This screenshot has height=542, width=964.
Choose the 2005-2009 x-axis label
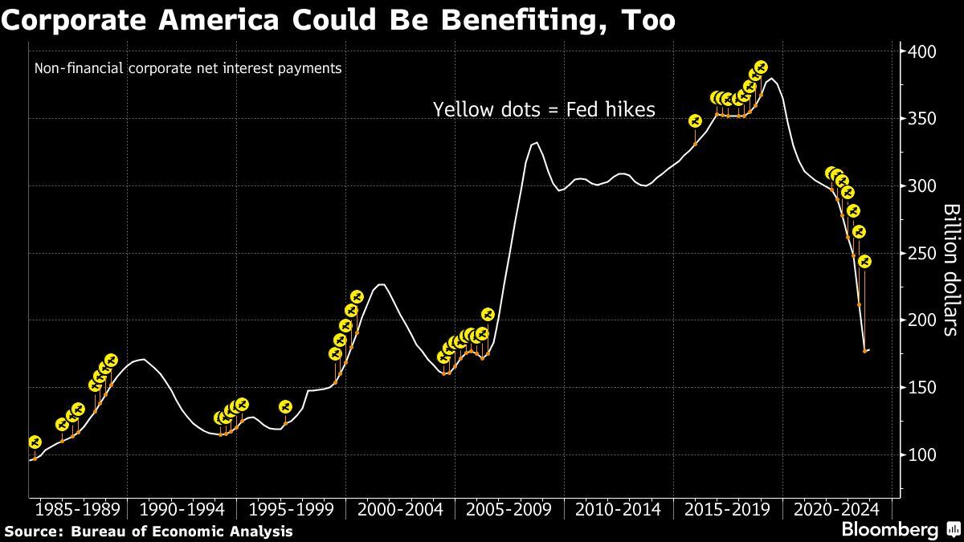tap(509, 510)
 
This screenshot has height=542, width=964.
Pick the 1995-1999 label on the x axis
tap(295, 510)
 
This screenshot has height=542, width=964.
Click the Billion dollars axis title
tap(951, 270)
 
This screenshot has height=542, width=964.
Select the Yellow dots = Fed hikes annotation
tap(544, 109)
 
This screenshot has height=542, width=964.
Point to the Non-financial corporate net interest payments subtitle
tap(188, 68)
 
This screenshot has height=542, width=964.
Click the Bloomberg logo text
tap(889, 530)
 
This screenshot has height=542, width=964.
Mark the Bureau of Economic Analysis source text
tap(182, 532)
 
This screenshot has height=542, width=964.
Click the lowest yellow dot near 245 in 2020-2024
tap(864, 261)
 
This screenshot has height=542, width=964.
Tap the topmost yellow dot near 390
tap(761, 67)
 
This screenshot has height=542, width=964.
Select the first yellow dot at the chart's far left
tap(34, 442)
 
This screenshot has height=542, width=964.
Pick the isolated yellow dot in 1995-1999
tap(285, 407)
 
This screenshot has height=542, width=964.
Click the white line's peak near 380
tap(772, 79)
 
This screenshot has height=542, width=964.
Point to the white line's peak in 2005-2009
tap(537, 143)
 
